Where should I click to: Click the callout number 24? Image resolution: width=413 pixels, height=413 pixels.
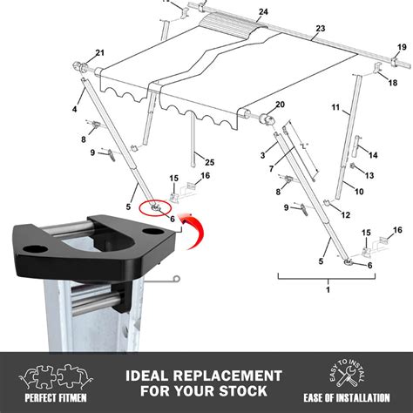[239, 11]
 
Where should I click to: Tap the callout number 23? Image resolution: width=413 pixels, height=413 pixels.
[320, 29]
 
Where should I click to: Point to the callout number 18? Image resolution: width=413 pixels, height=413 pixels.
[393, 82]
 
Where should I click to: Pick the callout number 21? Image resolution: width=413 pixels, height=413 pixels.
[99, 53]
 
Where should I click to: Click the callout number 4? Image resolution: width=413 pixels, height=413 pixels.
[75, 109]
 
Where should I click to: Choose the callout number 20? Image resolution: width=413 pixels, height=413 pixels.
[281, 105]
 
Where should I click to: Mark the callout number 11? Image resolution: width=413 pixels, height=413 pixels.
[335, 109]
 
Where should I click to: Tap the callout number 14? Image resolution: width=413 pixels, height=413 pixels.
[374, 155]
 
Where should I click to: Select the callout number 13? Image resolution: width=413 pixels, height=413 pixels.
[369, 175]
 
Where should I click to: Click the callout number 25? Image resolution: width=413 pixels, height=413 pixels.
[209, 163]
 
